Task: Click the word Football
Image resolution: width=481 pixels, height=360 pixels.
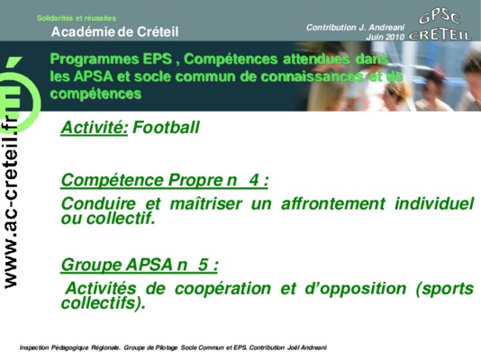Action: click(x=166, y=127)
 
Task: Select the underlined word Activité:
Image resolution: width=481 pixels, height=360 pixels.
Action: click(x=95, y=128)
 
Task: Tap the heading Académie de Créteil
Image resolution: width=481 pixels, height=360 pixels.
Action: click(x=114, y=31)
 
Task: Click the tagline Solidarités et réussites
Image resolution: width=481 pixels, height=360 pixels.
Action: click(x=77, y=18)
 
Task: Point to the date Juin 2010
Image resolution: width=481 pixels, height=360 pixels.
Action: click(x=385, y=37)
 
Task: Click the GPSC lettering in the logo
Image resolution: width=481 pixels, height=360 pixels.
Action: click(x=440, y=18)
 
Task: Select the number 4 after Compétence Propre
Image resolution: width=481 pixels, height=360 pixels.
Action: click(x=254, y=179)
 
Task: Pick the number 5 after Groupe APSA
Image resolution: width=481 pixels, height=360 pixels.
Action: click(x=203, y=265)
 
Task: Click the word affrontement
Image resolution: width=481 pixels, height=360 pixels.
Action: click(x=333, y=203)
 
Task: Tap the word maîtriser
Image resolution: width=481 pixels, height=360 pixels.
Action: click(x=206, y=203)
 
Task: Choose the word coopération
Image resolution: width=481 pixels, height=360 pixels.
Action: click(x=222, y=289)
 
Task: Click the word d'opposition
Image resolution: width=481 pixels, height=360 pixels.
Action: click(x=356, y=289)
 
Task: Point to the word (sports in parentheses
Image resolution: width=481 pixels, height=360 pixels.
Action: click(x=444, y=289)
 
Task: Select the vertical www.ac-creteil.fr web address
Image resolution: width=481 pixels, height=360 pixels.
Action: click(x=11, y=202)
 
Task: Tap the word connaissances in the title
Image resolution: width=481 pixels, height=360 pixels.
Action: click(x=312, y=76)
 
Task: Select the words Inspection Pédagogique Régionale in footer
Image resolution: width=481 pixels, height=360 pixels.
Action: click(x=69, y=347)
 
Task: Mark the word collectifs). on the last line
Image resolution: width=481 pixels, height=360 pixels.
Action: click(x=103, y=303)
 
